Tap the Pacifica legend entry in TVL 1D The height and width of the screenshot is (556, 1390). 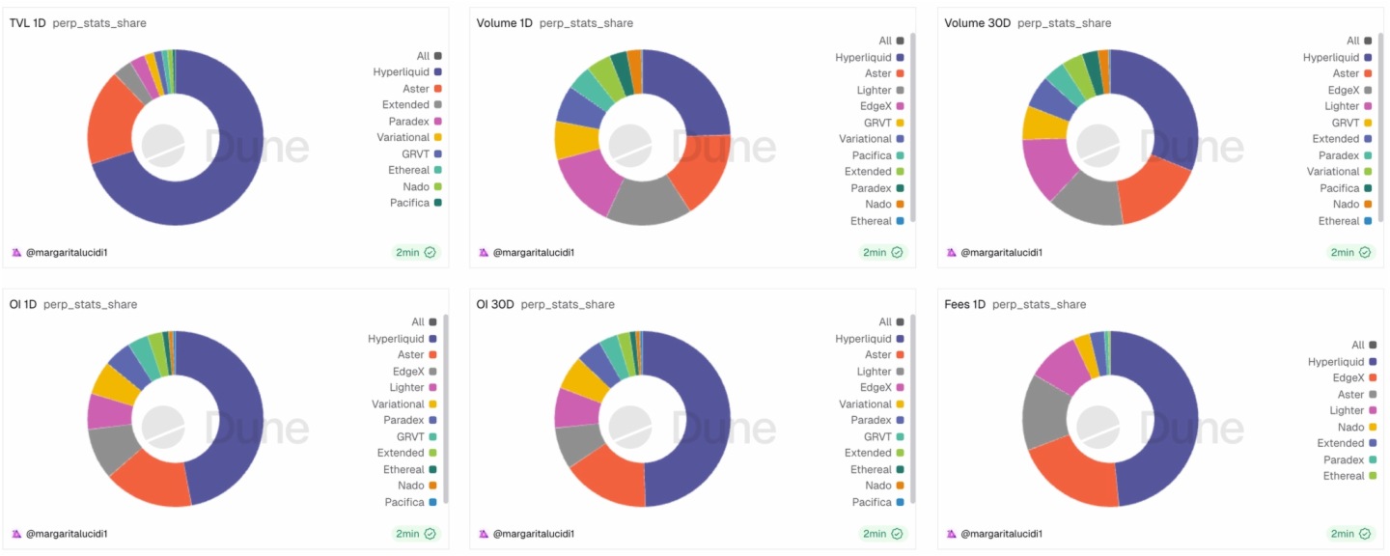coord(409,203)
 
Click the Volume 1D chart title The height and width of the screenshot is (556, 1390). coord(504,23)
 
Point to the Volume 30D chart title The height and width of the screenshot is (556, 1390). coord(977,23)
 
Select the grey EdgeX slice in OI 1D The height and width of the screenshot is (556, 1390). coord(110,449)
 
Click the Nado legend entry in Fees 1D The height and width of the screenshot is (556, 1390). coord(1350,427)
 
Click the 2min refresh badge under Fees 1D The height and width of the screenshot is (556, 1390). coord(1350,534)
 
